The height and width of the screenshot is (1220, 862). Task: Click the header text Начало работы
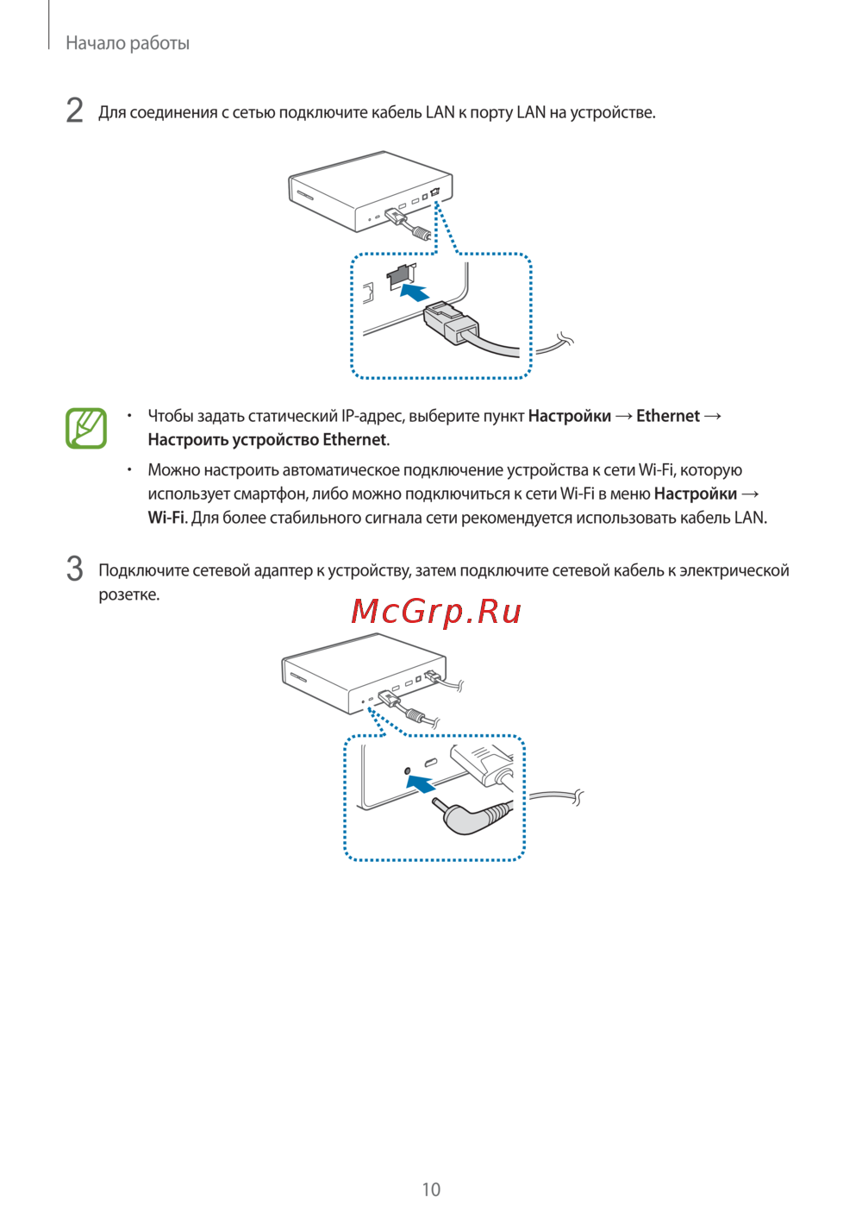tap(128, 43)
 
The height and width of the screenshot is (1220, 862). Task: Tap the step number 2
tap(74, 110)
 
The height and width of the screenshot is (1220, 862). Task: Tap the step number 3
tap(74, 569)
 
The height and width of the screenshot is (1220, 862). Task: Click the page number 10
tap(431, 1190)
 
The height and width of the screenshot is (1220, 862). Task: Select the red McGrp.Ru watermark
tap(436, 611)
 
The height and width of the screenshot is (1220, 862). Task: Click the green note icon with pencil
tap(86, 428)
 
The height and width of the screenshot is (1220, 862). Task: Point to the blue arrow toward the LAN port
tap(415, 292)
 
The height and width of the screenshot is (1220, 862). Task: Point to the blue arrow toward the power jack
tap(421, 783)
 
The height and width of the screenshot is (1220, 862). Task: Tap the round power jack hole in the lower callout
tap(408, 770)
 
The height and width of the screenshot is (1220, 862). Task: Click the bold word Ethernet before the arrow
tap(668, 416)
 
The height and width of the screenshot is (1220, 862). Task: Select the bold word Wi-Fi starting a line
tap(166, 517)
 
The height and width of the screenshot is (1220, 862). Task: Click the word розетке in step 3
tap(129, 594)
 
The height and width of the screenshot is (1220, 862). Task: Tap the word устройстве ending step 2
tap(613, 113)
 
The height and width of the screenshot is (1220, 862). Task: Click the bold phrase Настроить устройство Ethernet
tap(267, 439)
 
